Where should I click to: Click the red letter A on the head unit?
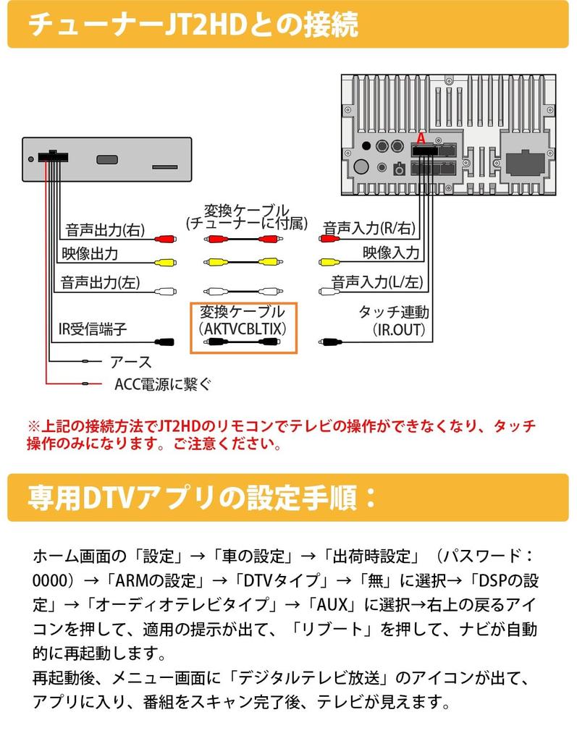click(421, 139)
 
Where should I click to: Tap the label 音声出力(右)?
click(105, 230)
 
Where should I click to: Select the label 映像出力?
click(90, 254)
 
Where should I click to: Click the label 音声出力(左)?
click(100, 283)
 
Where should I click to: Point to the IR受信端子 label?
click(93, 329)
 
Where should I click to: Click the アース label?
click(130, 363)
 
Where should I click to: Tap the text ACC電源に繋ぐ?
click(163, 384)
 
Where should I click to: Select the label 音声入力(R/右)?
click(369, 228)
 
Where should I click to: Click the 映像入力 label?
click(391, 253)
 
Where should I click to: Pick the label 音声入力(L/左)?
click(377, 282)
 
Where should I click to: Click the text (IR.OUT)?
click(399, 330)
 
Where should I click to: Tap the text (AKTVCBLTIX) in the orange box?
click(243, 329)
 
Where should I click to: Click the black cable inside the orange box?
click(243, 342)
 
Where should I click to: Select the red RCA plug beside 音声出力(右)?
click(165, 239)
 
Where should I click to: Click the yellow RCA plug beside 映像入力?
click(330, 262)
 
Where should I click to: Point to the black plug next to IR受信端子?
click(164, 342)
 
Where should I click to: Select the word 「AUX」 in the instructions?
click(331, 604)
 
